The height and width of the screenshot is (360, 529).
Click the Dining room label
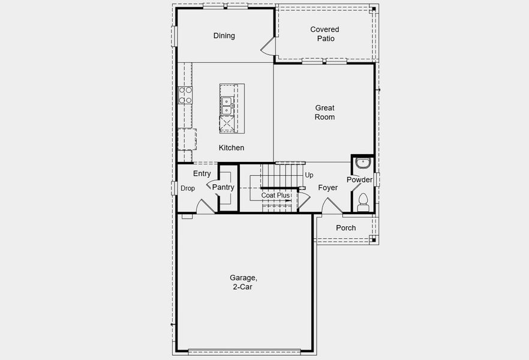click(x=224, y=35)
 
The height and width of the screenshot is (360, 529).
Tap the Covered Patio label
click(x=324, y=34)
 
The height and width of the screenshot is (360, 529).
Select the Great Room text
click(x=324, y=113)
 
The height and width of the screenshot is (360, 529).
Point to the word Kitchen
click(x=231, y=148)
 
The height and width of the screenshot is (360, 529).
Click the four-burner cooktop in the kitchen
click(x=185, y=95)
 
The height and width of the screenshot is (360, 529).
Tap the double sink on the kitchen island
click(x=227, y=106)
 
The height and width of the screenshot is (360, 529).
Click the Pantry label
click(x=223, y=187)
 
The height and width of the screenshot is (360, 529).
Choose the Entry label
click(x=202, y=173)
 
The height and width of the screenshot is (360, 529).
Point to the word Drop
click(x=188, y=188)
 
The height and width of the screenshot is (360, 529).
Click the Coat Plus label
click(x=275, y=196)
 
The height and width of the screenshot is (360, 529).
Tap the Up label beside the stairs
click(x=309, y=175)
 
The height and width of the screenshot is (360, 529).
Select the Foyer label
click(x=327, y=188)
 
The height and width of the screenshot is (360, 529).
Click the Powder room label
click(x=359, y=180)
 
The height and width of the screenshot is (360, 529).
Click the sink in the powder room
click(x=362, y=163)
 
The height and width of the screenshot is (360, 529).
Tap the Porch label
click(x=345, y=228)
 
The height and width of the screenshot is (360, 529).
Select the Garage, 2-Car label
click(x=244, y=283)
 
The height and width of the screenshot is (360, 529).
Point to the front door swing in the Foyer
click(x=329, y=208)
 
